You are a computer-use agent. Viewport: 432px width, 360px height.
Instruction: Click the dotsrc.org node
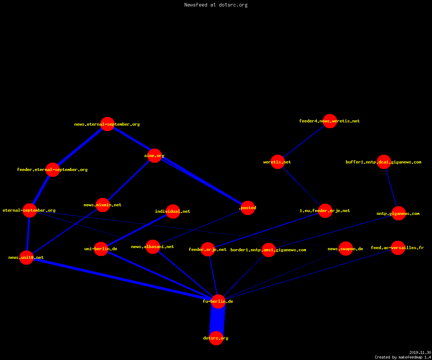[x=216, y=338]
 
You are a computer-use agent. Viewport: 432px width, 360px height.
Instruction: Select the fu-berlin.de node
[x=218, y=301]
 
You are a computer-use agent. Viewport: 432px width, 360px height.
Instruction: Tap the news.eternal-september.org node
[x=107, y=124]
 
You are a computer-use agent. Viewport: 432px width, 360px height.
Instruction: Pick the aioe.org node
[x=154, y=156]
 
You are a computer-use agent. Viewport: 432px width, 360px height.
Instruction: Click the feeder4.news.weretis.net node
[x=330, y=121]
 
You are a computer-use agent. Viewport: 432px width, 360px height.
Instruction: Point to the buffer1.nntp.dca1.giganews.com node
[x=384, y=162]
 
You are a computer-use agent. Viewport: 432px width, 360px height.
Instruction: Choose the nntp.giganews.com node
[x=399, y=213]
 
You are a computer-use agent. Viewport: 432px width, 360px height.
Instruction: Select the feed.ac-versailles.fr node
[x=398, y=248]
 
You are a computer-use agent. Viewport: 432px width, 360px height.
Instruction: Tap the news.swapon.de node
[x=346, y=248]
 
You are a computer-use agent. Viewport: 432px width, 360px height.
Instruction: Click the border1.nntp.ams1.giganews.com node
[x=269, y=250]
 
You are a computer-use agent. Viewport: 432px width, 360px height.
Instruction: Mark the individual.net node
[x=173, y=211]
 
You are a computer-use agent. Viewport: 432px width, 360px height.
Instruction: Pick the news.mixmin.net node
[x=103, y=205]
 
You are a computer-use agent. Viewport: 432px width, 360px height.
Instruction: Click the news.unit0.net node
[x=26, y=258]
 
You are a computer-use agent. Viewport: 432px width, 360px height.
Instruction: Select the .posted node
[x=248, y=208]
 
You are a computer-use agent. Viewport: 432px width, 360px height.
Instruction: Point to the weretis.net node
[x=278, y=162]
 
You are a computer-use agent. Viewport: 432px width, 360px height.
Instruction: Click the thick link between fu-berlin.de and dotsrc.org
[x=217, y=320]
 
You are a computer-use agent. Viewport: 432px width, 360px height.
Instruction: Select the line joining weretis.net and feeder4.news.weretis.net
[x=304, y=141]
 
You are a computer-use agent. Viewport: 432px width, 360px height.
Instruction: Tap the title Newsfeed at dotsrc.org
[x=216, y=5]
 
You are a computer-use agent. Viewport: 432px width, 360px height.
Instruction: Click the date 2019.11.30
[x=420, y=352]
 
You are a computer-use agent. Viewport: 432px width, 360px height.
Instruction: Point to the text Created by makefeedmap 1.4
[x=403, y=357]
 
